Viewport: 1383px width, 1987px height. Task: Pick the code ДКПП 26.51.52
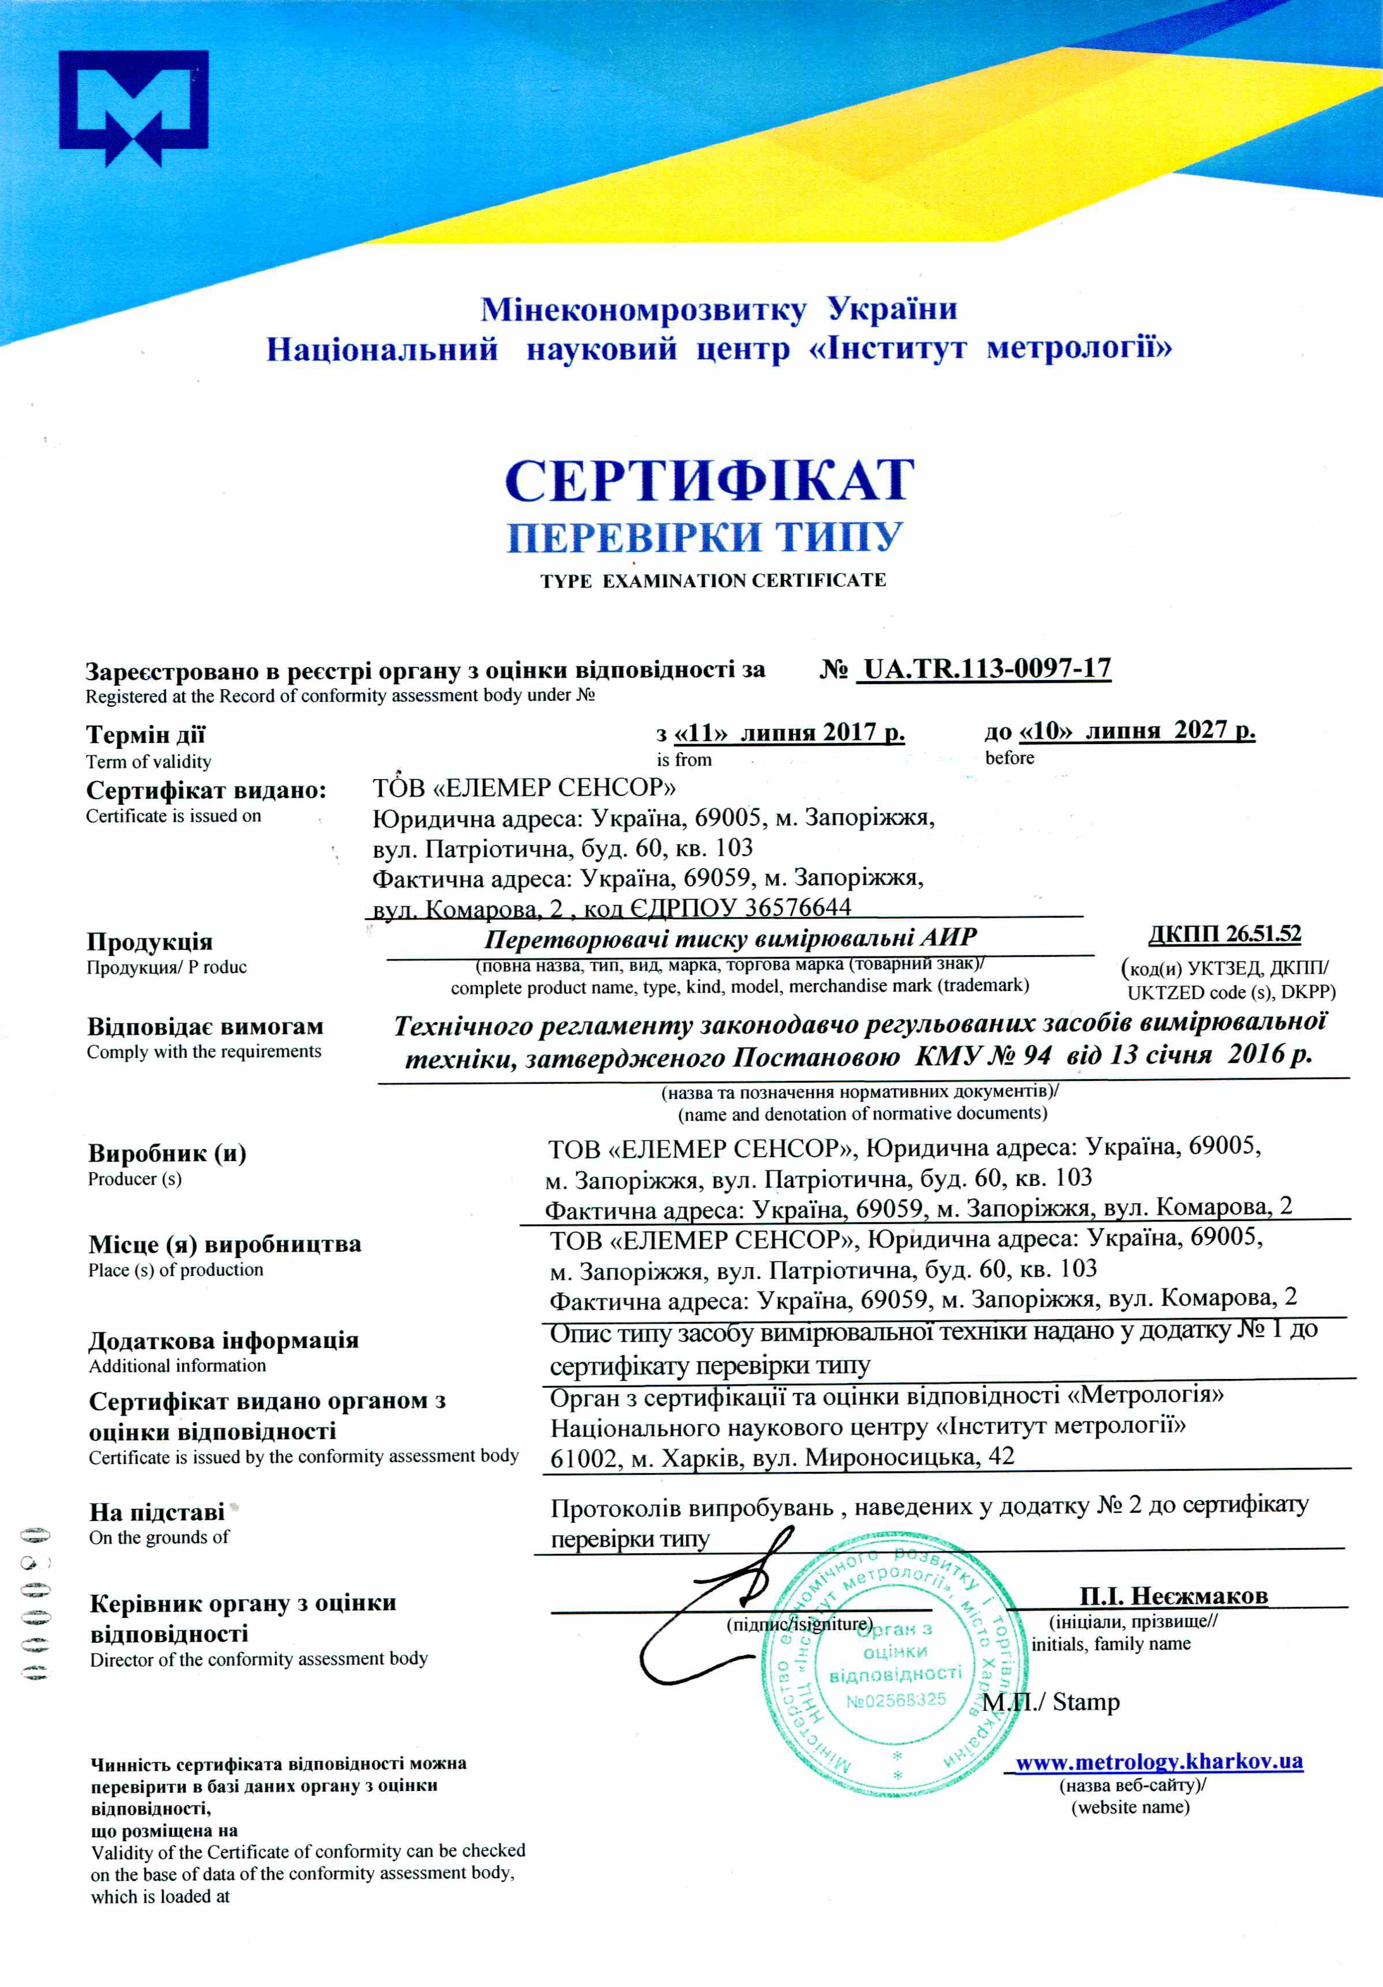1224,934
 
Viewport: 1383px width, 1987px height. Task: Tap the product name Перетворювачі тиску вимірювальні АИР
731,937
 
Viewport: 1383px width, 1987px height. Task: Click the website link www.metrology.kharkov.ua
1159,1761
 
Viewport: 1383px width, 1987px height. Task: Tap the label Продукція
150,941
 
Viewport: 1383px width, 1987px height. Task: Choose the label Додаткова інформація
223,1340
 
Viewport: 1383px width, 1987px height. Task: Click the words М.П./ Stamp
1051,1701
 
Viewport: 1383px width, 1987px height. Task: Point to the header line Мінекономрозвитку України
719,309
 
